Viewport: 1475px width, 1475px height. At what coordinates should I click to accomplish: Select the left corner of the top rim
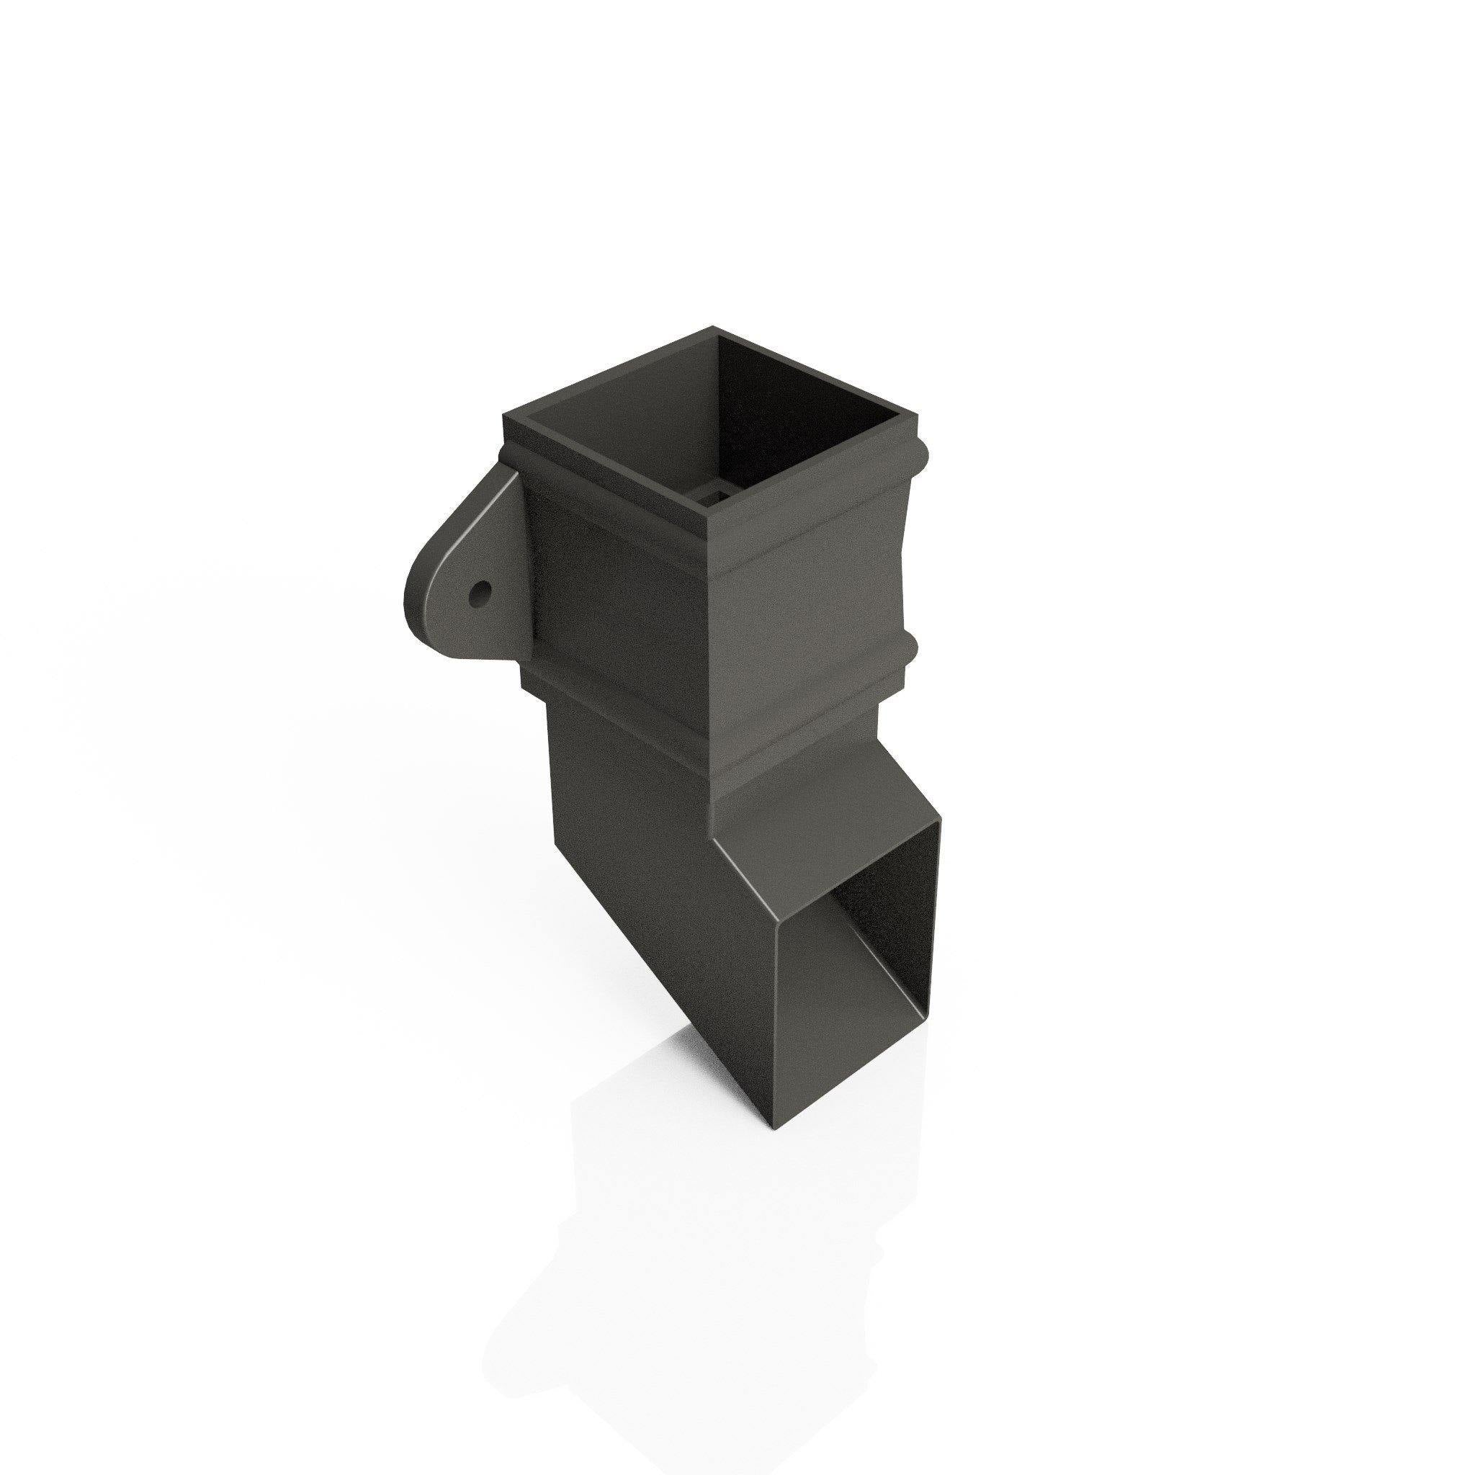(504, 417)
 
